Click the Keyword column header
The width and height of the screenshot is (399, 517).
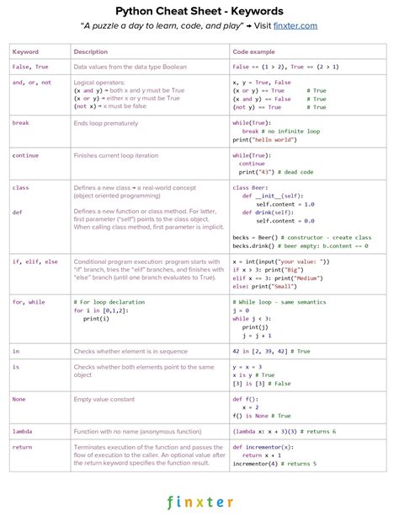pos(25,52)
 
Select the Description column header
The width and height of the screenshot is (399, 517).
pos(91,52)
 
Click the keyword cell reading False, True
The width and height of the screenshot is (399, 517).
pos(30,66)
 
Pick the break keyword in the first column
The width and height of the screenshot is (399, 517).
pos(20,123)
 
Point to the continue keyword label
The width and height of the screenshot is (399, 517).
pos(25,155)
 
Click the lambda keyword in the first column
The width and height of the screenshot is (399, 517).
pos(23,431)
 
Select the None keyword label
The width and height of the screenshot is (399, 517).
pos(19,400)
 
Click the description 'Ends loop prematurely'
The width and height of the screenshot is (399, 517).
pos(105,123)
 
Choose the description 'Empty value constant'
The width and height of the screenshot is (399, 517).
pos(105,400)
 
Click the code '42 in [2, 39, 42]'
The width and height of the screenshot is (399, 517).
pos(260,351)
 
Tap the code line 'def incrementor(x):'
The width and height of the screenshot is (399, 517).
pos(263,447)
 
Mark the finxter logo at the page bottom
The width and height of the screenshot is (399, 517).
pos(199,502)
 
